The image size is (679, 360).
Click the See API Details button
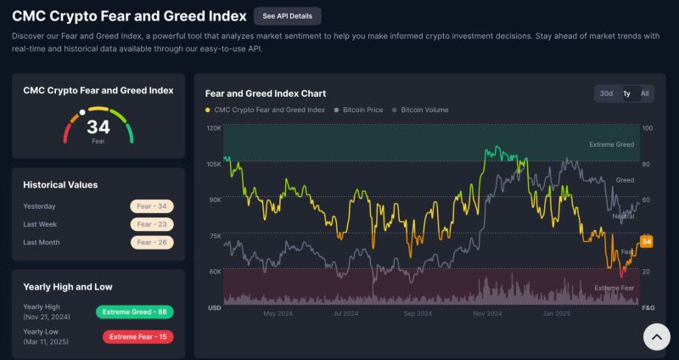point(287,16)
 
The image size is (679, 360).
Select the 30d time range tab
point(606,93)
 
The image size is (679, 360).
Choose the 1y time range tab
point(626,93)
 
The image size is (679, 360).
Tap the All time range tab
point(645,93)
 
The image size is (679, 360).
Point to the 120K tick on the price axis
point(214,128)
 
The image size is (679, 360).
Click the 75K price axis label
point(215,236)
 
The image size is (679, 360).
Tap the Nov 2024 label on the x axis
point(488,313)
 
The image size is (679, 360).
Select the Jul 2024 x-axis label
point(345,313)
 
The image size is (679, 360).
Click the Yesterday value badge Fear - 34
point(151,206)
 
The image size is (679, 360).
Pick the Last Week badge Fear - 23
point(151,224)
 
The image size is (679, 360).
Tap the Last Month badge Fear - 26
point(151,242)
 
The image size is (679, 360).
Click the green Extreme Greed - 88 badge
point(135,312)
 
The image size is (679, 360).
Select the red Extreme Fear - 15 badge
point(137,337)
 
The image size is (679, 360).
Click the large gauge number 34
point(98,127)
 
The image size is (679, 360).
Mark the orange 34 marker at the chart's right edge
point(647,242)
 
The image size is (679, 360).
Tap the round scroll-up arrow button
point(655,337)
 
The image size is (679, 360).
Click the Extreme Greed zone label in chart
point(611,144)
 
